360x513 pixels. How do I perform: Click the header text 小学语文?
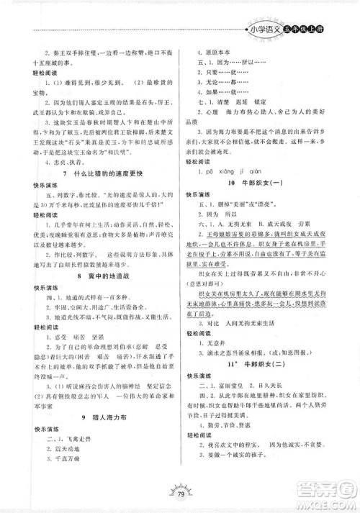coord(263,29)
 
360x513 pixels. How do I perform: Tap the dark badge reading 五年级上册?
coord(308,30)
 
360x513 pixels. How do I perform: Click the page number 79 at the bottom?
coord(180,494)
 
